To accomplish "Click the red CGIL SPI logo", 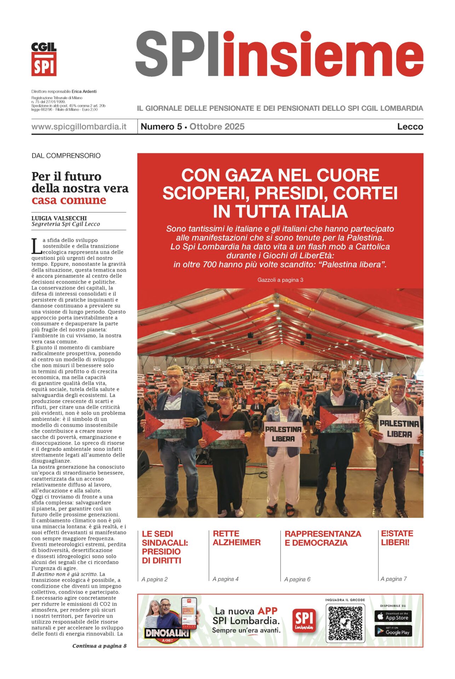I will [44, 59].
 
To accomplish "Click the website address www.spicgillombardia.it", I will [79, 127].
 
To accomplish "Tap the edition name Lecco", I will [410, 127].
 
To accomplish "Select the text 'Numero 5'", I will [161, 127].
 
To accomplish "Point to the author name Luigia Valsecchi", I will [59, 218].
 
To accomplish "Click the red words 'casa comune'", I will [69, 200].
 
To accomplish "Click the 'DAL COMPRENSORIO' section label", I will [66, 156].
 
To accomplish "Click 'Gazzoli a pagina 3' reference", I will [280, 280].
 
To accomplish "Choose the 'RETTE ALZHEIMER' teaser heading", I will [236, 538].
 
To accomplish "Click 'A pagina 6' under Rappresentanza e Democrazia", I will [297, 579].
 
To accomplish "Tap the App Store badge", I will [393, 616].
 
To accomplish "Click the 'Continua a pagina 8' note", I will [99, 646].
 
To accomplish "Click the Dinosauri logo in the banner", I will [167, 633].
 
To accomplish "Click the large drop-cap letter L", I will [36, 246].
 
